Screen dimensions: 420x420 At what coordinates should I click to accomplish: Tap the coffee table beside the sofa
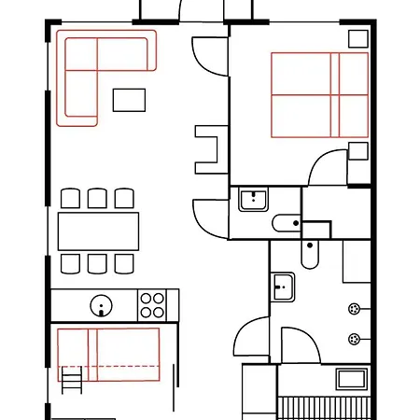click(130, 99)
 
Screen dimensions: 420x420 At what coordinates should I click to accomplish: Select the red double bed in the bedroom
click(319, 93)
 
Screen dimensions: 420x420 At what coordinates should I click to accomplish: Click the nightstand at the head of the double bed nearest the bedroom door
click(357, 152)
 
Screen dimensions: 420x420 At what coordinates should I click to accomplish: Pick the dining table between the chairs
click(98, 231)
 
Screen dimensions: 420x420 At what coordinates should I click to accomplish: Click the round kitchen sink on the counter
click(100, 304)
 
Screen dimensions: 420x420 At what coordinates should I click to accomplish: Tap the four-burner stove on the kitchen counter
click(151, 304)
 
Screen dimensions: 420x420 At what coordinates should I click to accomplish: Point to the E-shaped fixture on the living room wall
click(207, 146)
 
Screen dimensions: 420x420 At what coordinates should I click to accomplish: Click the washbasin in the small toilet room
click(252, 200)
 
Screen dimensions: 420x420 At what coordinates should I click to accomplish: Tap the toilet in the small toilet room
click(286, 222)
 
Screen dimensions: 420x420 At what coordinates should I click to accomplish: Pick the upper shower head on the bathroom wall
click(354, 309)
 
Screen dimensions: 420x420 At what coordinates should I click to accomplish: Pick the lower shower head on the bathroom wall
click(354, 339)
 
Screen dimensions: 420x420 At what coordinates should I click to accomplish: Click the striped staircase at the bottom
click(326, 407)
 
